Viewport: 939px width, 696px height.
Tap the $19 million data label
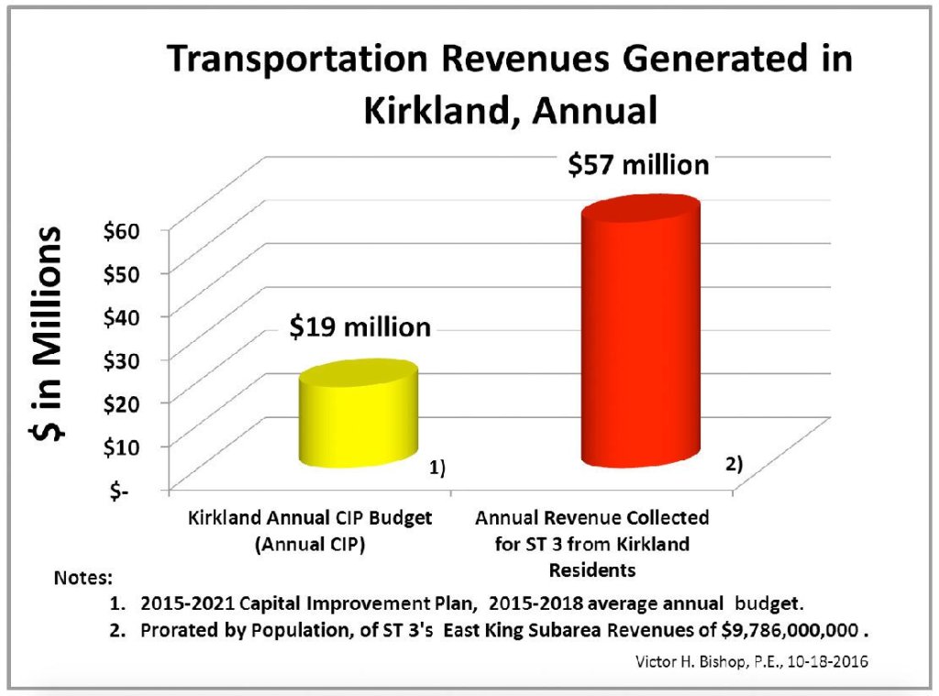pos(359,327)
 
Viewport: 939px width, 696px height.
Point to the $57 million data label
pos(638,165)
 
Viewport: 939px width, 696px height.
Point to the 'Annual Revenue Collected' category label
pos(592,518)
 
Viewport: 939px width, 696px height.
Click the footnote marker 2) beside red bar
pos(733,464)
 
